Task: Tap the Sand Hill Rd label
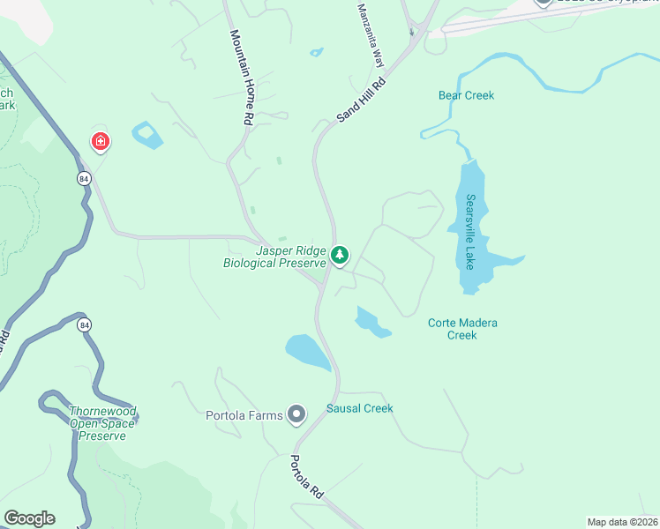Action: pos(362,100)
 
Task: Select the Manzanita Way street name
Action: pos(371,35)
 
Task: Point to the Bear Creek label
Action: pos(466,95)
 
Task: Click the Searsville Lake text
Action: pos(470,232)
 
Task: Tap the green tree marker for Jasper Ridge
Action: pos(340,257)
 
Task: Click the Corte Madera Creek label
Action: pos(462,329)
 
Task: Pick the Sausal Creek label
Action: pos(359,408)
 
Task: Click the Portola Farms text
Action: pos(244,415)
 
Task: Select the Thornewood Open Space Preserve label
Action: pos(102,423)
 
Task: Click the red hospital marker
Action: pos(101,141)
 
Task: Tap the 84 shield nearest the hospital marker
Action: pos(82,179)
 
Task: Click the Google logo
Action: pos(29,518)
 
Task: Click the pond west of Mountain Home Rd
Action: pos(147,136)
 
